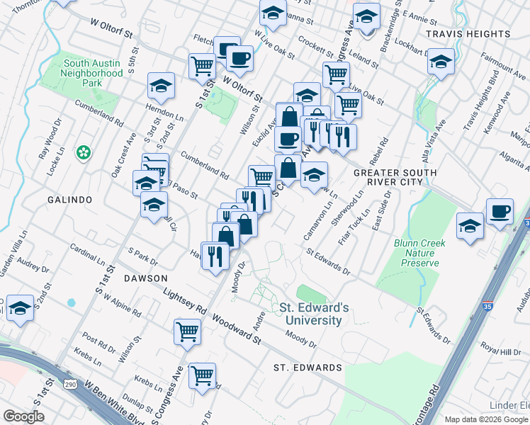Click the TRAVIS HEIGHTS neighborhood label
[468, 33]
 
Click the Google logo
[24, 416]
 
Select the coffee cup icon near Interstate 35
[500, 210]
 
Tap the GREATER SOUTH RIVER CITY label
[388, 178]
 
